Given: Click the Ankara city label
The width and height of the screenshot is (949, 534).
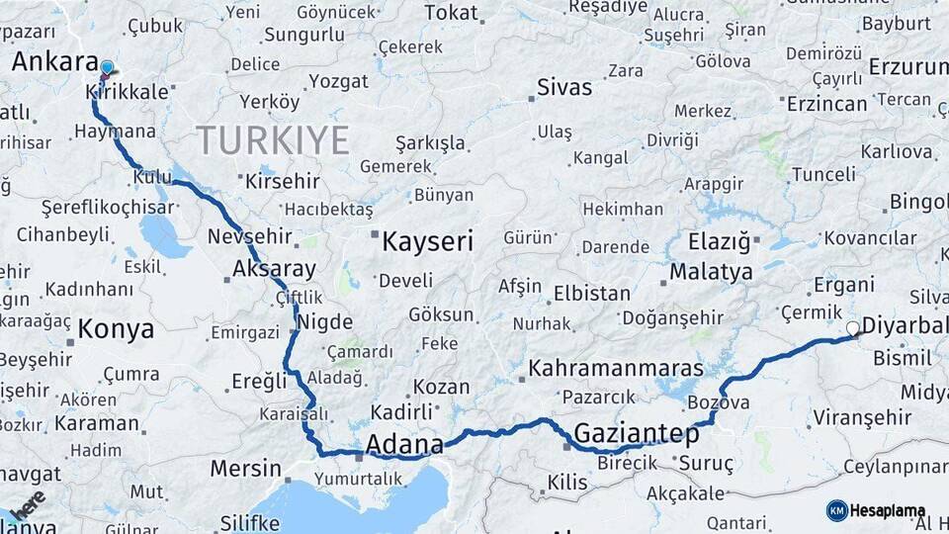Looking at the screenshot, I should click(55, 61).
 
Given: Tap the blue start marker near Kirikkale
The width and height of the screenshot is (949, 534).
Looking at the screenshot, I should click(107, 68).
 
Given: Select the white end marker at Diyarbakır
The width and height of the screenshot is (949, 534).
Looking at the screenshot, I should click(853, 328).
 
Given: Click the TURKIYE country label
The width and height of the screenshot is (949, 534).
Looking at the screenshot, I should click(272, 140).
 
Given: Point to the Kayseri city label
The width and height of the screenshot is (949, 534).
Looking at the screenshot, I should click(428, 240).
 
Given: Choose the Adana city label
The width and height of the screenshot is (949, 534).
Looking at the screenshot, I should click(404, 445).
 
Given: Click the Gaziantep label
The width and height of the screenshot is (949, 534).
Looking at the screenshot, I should click(637, 433).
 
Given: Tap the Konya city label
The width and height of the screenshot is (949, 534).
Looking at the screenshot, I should click(116, 329).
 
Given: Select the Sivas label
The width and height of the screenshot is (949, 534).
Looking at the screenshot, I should click(564, 87).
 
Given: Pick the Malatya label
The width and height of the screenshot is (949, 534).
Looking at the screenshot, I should click(711, 271).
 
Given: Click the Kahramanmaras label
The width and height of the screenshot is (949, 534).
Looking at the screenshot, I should click(616, 369).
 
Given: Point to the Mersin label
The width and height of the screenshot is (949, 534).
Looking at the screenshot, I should click(245, 468).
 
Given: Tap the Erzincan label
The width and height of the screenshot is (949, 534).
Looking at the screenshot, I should click(828, 103).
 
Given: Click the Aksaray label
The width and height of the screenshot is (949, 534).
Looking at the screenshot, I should click(274, 269).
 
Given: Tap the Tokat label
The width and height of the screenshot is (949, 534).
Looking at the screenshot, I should click(451, 13).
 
